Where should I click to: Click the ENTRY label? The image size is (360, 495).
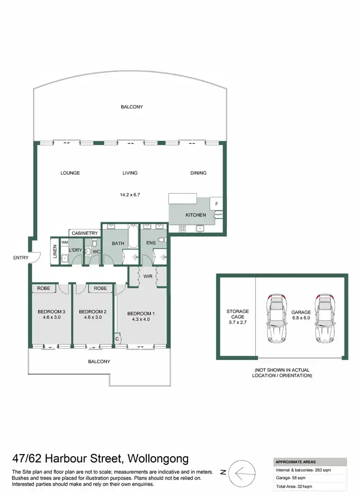point(21,258)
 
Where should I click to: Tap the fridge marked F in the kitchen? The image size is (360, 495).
point(216,204)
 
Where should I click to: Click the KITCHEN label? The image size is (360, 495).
point(196,215)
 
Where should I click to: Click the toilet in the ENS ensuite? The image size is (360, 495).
point(162,239)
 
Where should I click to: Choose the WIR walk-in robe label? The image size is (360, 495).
point(147,276)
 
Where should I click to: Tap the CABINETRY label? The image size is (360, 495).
point(85,233)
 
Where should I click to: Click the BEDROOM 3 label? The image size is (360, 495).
point(51,312)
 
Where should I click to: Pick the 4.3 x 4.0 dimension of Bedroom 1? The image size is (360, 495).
point(141,320)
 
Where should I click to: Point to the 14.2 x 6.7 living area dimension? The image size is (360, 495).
point(130,195)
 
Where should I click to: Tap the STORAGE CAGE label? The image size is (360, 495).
point(238,314)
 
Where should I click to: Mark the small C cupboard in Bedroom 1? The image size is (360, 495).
point(117,339)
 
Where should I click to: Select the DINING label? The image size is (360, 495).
point(198,173)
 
